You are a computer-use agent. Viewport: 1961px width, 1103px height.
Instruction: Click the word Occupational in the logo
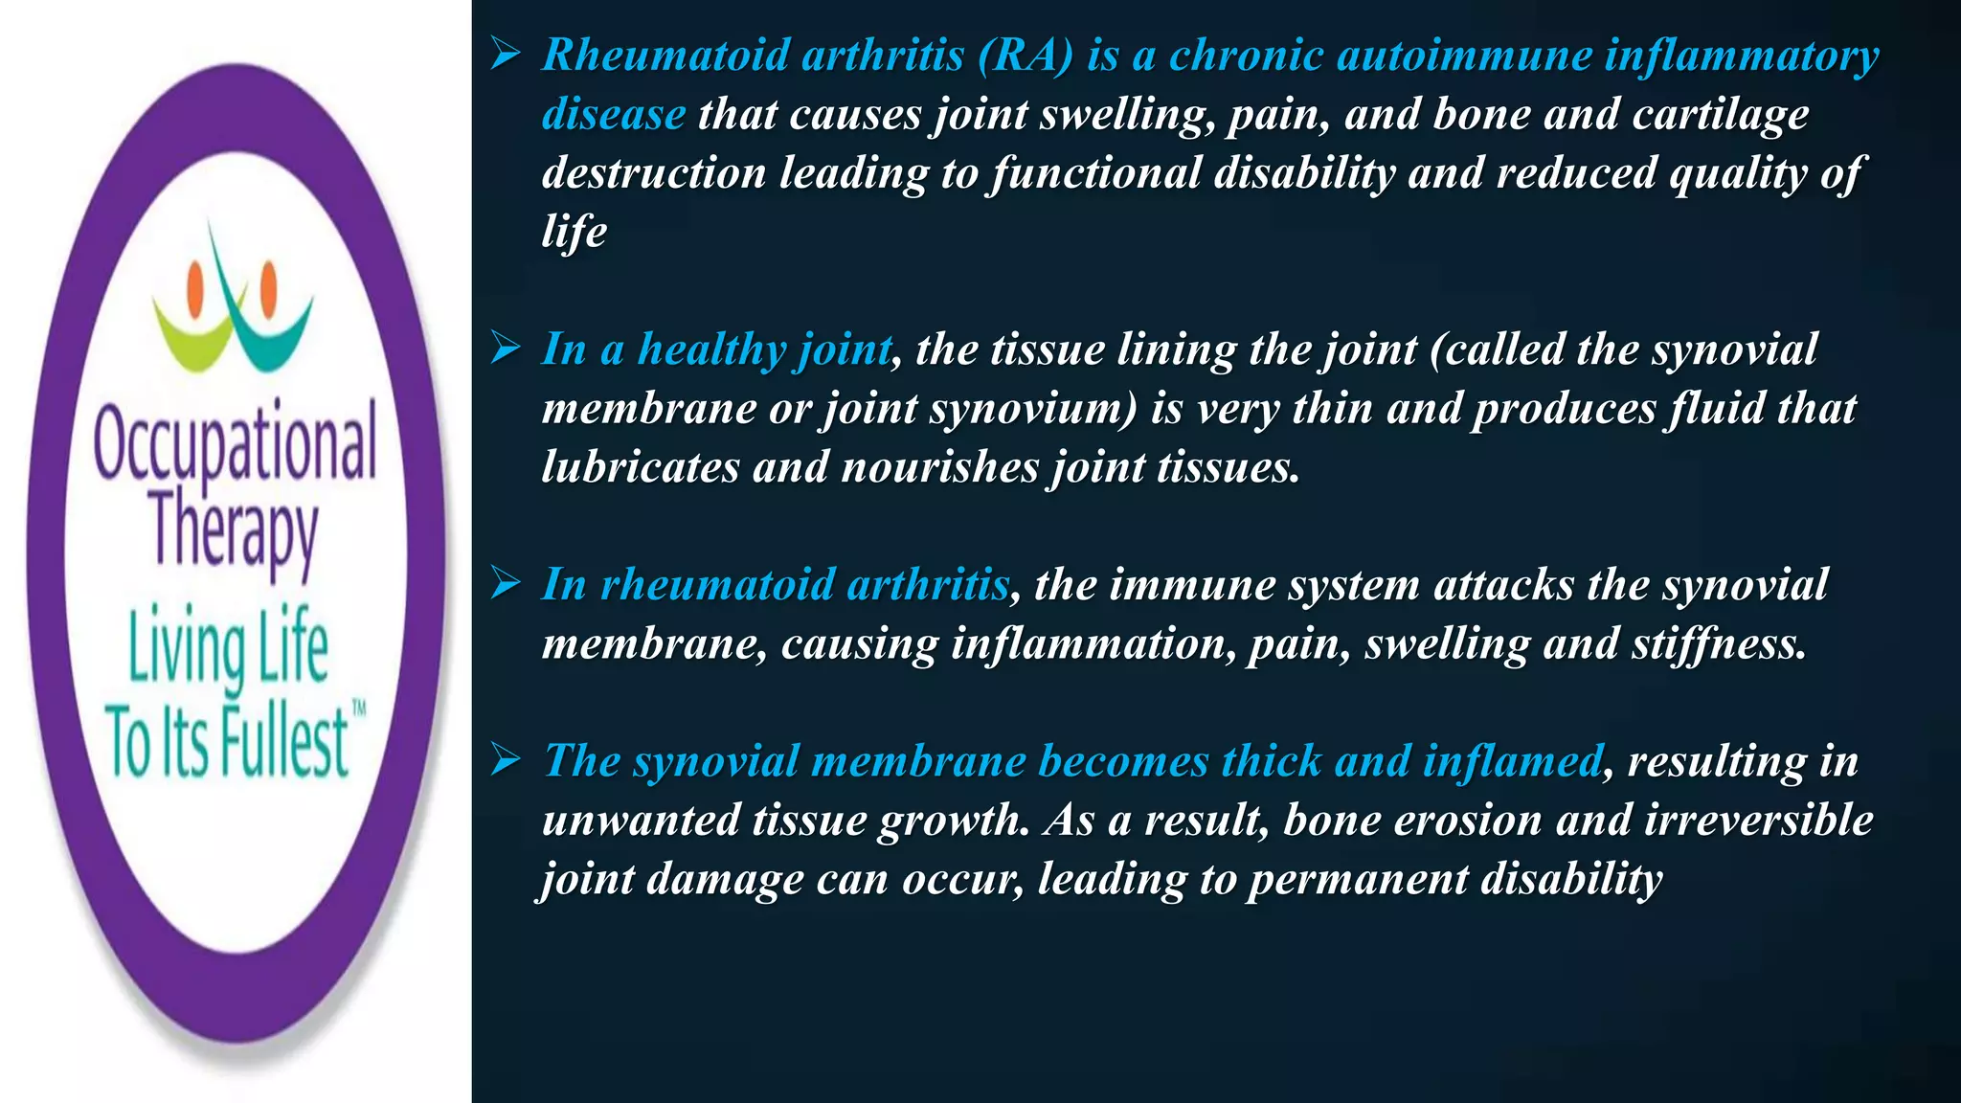(x=235, y=442)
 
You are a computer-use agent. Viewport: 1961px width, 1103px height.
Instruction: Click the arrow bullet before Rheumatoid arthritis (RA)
(x=505, y=55)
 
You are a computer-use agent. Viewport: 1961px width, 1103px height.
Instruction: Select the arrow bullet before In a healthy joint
(x=505, y=349)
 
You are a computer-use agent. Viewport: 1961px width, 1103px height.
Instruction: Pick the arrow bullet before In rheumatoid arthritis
(x=505, y=583)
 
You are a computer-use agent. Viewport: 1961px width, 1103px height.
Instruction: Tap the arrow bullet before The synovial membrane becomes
(x=505, y=760)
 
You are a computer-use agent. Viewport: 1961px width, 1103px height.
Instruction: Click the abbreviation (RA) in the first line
(x=1026, y=55)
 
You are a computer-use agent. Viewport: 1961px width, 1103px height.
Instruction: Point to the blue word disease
(x=613, y=114)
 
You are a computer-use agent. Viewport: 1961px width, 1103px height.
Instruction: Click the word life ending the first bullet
(x=574, y=231)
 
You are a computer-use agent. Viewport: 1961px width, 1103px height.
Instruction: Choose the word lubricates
(x=640, y=467)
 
